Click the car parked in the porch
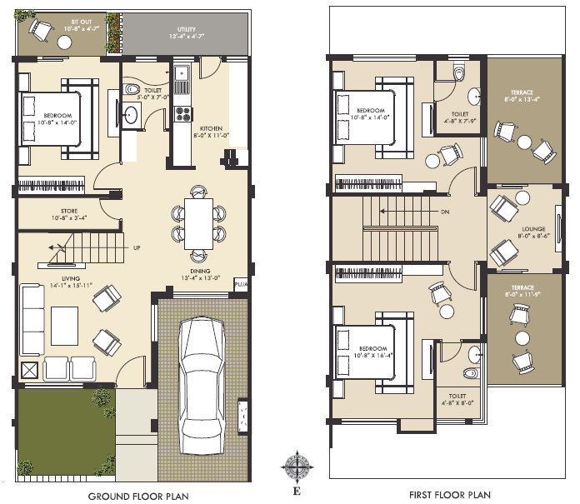click(x=202, y=386)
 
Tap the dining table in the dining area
click(x=198, y=224)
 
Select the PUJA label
click(x=241, y=284)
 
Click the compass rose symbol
click(x=297, y=467)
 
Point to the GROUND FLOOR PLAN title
click(x=138, y=496)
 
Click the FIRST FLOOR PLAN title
click(x=450, y=495)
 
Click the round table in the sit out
click(x=64, y=42)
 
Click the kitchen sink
click(x=182, y=72)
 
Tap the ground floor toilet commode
click(x=131, y=89)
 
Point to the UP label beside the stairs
click(x=137, y=247)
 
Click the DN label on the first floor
click(x=445, y=212)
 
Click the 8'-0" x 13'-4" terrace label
click(x=522, y=96)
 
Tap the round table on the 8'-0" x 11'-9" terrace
click(x=522, y=338)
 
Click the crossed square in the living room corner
click(x=30, y=370)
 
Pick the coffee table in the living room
click(x=65, y=326)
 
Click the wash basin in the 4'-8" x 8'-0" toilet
click(x=475, y=355)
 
